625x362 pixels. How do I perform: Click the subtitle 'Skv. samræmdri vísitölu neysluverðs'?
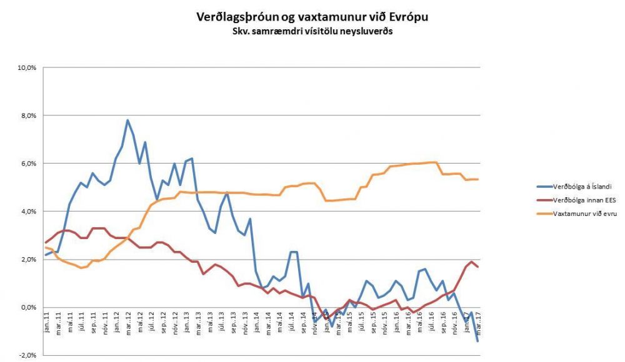pos(312,31)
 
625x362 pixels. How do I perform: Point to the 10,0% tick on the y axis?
pos(27,67)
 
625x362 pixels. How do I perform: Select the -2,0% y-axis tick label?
pos(28,355)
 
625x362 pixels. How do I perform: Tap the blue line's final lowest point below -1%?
pos(478,341)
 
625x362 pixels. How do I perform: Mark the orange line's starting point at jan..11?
pos(46,247)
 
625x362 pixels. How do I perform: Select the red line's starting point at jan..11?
pos(46,242)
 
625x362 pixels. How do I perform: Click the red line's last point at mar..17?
pos(478,267)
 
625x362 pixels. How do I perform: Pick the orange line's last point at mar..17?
pos(478,179)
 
